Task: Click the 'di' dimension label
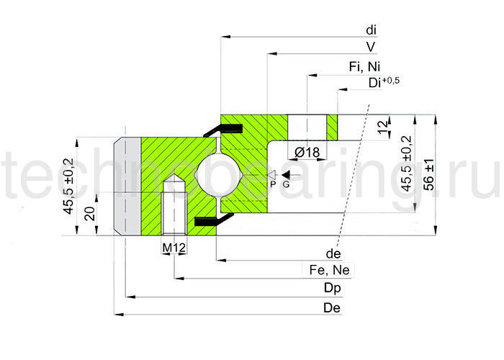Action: (x=371, y=30)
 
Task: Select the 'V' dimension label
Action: (x=370, y=47)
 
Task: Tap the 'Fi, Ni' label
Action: (x=364, y=66)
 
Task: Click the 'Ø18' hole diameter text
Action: (x=307, y=151)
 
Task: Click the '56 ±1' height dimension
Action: (x=429, y=174)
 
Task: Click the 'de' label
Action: (x=333, y=254)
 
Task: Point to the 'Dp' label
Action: (x=333, y=289)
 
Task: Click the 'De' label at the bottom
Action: (x=333, y=308)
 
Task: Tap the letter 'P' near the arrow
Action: (x=273, y=184)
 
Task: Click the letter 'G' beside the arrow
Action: (x=286, y=184)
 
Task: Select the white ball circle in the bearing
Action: (x=216, y=174)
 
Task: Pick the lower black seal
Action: (x=209, y=220)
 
